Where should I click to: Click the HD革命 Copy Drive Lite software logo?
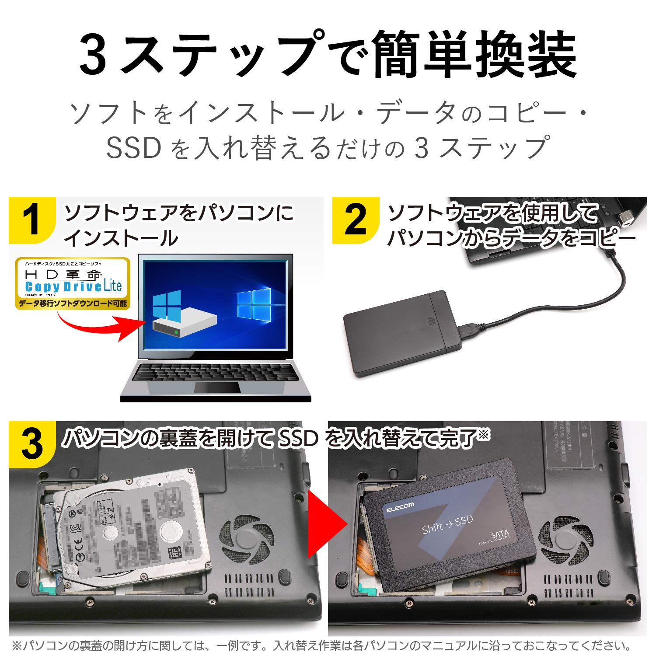pyautogui.click(x=73, y=283)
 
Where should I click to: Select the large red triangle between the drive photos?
pyautogui.click(x=326, y=523)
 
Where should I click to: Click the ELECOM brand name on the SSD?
pyautogui.click(x=400, y=507)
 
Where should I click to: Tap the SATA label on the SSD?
pyautogui.click(x=499, y=534)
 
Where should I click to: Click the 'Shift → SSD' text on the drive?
pyautogui.click(x=447, y=524)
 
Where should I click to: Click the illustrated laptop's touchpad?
pyautogui.click(x=217, y=387)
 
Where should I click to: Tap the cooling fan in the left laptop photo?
pyautogui.click(x=246, y=539)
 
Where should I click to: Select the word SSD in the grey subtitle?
pyautogui.click(x=133, y=148)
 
